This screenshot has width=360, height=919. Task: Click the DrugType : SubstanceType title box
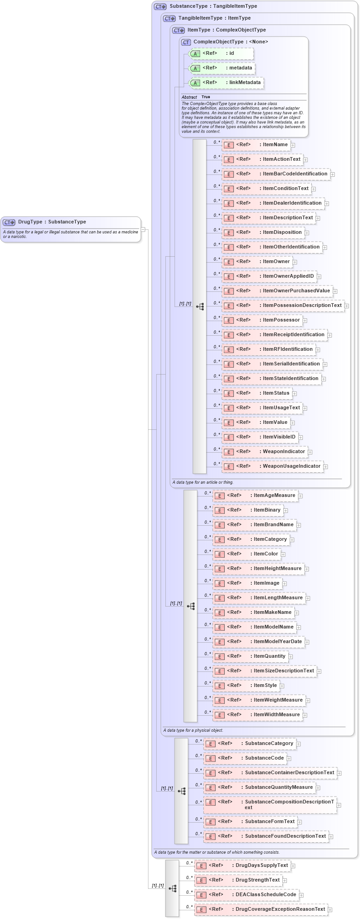pyautogui.click(x=52, y=222)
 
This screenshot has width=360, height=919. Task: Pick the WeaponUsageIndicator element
pyautogui.click(x=272, y=466)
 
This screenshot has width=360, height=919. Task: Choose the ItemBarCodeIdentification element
pyautogui.click(x=275, y=174)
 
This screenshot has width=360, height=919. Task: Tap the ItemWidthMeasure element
pyautogui.click(x=257, y=715)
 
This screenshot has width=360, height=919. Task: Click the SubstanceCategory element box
pyautogui.click(x=249, y=744)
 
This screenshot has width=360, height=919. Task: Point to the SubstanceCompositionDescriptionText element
pyautogui.click(x=270, y=805)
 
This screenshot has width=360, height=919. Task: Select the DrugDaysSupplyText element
pyautogui.click(x=243, y=866)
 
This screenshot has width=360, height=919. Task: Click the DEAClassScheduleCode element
pyautogui.click(x=246, y=895)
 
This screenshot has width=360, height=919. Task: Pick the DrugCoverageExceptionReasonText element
pyautogui.click(x=261, y=909)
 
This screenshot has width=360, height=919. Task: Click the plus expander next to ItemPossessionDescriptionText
pyautogui.click(x=347, y=306)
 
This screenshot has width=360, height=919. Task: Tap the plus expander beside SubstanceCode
pyautogui.click(x=289, y=759)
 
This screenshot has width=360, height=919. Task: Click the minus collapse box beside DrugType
pyautogui.click(x=143, y=230)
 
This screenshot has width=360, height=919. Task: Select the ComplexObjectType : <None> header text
pyautogui.click(x=230, y=42)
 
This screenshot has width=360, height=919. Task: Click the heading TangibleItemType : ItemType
pyautogui.click(x=214, y=18)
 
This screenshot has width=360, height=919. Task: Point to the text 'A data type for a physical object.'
pyautogui.click(x=193, y=730)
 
